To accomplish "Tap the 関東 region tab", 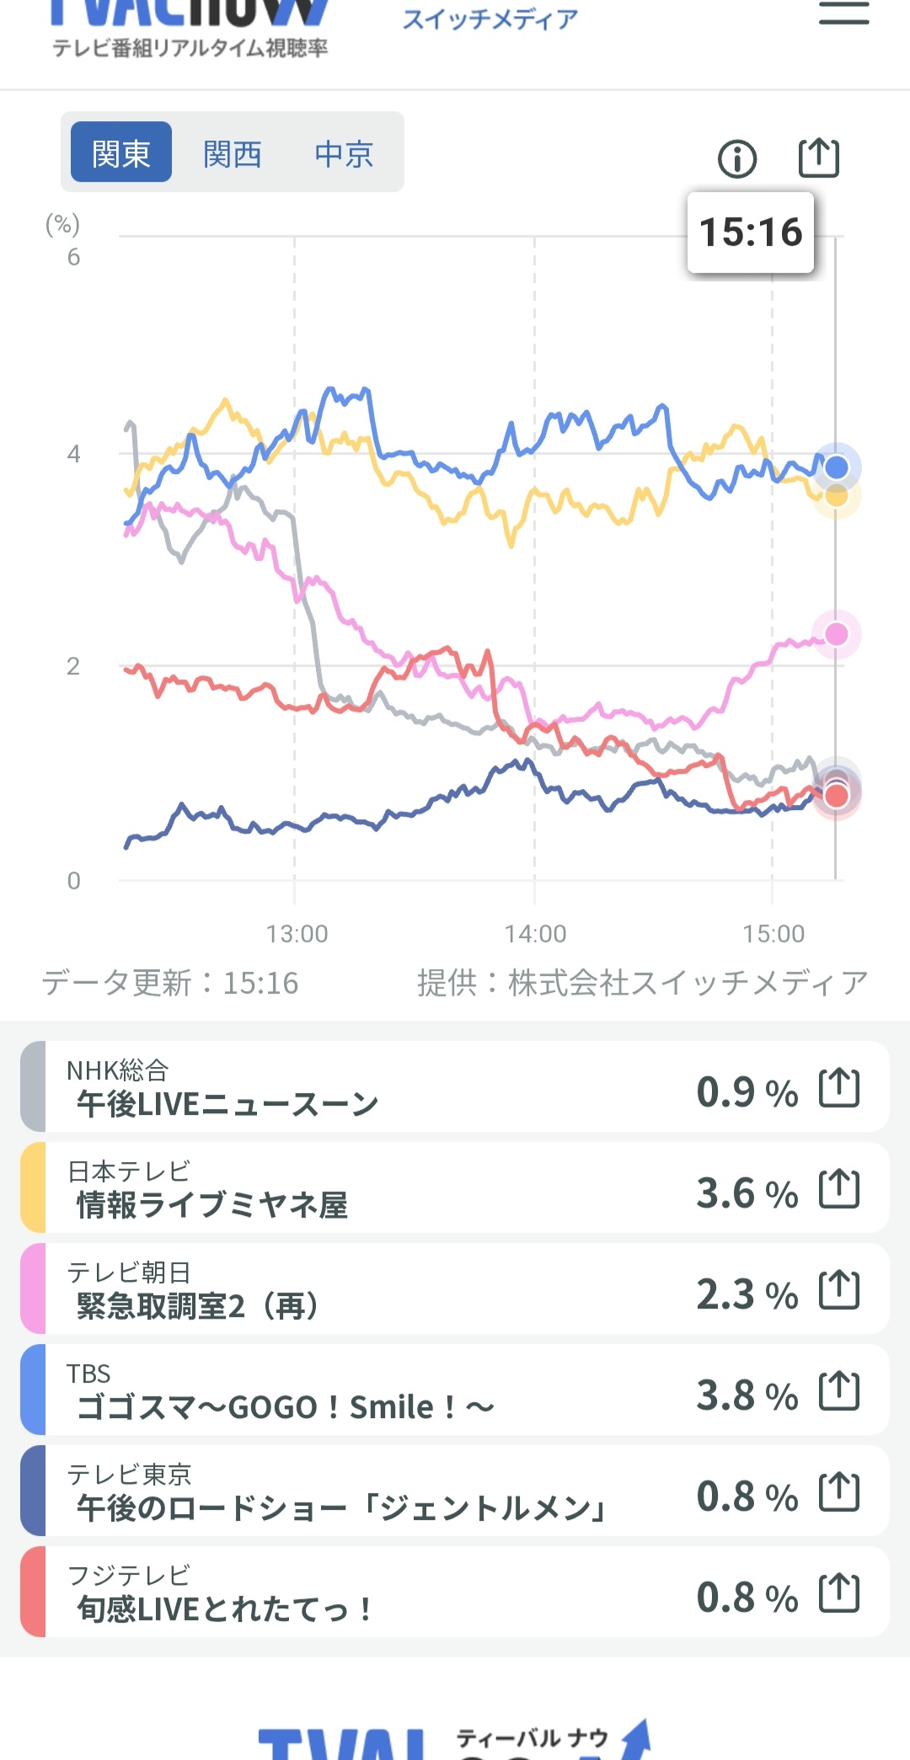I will [121, 152].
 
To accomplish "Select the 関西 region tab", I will [233, 153].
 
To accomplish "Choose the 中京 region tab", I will [344, 153].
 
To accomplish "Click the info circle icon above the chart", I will [737, 158].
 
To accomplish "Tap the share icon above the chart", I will [819, 157].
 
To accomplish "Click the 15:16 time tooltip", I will [751, 232].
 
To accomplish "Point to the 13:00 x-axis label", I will [297, 933].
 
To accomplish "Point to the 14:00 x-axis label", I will [535, 933].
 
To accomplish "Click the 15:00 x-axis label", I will [773, 933].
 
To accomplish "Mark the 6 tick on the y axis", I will [74, 257].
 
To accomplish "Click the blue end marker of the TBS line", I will [836, 467].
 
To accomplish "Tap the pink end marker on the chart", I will [836, 633].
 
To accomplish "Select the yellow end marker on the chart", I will [836, 496].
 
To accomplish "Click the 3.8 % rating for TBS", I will [747, 1395].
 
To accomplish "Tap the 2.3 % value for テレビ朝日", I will [747, 1293].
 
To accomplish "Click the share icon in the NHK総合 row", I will [839, 1087].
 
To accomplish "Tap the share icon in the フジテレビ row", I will [839, 1592].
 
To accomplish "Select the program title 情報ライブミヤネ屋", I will [212, 1205].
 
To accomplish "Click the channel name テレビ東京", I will [129, 1474].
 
